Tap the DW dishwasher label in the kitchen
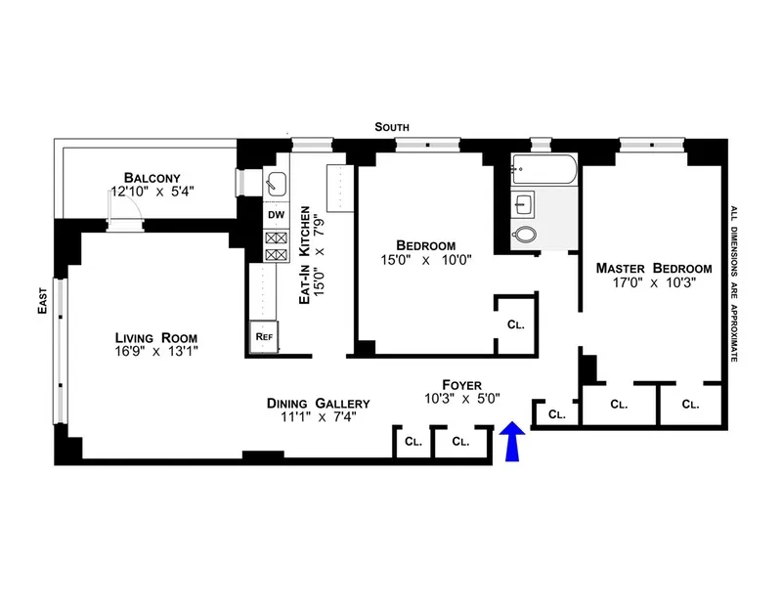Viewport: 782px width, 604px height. (275, 214)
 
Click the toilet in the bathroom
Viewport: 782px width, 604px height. (527, 235)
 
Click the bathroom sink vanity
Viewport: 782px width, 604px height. (525, 204)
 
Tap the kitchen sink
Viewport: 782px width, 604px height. (275, 182)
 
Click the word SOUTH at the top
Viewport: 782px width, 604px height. (395, 128)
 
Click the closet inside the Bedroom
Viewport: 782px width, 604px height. (514, 324)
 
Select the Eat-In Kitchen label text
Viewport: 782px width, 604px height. (305, 256)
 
